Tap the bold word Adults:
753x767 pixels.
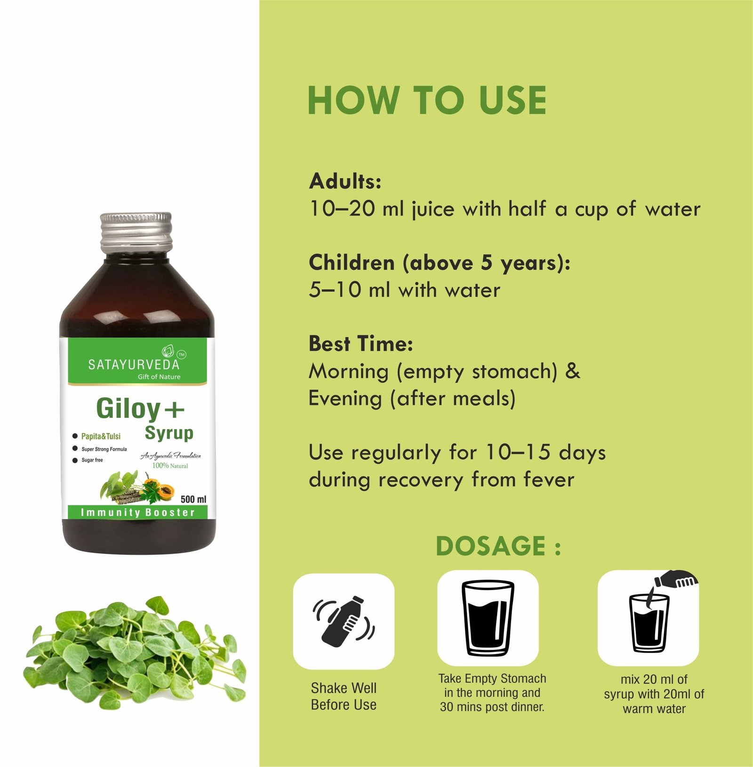click(x=345, y=181)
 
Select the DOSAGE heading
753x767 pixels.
click(x=498, y=546)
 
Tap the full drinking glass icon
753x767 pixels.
click(x=488, y=618)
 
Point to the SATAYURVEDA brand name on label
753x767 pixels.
click(x=134, y=365)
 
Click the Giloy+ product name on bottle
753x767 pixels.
click(x=140, y=408)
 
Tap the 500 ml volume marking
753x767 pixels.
click(x=193, y=499)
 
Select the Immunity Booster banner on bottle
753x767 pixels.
click(x=137, y=512)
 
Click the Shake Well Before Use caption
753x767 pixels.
click(x=344, y=696)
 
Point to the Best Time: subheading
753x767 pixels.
click(x=360, y=344)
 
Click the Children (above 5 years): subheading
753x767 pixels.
click(x=439, y=263)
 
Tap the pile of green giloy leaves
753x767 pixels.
click(x=135, y=651)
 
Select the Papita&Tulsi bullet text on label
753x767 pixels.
click(x=101, y=436)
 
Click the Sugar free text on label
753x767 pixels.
click(x=92, y=460)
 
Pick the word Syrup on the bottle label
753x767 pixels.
click(x=169, y=433)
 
